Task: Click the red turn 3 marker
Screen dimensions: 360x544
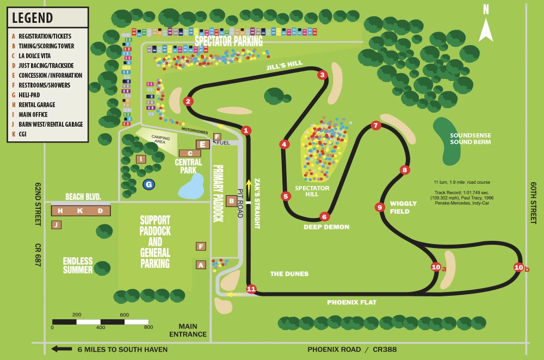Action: [322, 75]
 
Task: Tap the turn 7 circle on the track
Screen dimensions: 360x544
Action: [375, 125]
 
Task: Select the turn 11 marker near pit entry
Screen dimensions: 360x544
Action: [251, 289]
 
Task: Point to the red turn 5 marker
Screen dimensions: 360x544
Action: [286, 196]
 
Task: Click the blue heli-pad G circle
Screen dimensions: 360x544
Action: [148, 185]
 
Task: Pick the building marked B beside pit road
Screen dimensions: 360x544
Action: [231, 201]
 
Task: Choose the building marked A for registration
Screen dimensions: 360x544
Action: [201, 265]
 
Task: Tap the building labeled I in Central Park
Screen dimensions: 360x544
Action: [141, 159]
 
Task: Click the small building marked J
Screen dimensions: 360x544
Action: [56, 225]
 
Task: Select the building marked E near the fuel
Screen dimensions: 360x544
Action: [202, 144]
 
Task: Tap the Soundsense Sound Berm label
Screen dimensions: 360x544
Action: [471, 139]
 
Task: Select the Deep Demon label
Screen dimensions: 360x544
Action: [326, 227]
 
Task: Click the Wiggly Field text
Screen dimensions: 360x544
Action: [403, 207]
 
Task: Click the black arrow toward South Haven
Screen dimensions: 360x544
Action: [61, 349]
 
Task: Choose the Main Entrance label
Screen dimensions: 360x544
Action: [188, 330]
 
